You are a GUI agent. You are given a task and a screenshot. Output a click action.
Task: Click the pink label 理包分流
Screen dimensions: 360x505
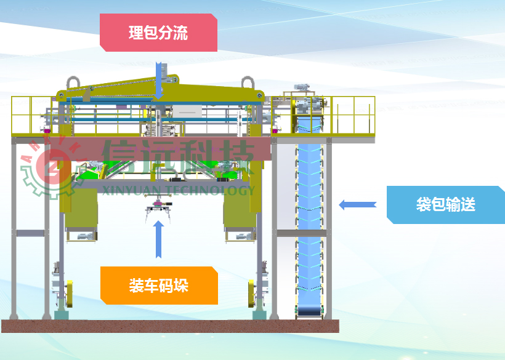158,33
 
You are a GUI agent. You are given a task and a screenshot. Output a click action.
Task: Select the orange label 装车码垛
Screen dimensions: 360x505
159,286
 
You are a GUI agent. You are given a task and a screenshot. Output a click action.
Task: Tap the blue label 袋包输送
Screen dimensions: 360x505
445,204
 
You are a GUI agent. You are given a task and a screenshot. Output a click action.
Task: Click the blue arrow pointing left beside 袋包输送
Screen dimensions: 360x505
357,204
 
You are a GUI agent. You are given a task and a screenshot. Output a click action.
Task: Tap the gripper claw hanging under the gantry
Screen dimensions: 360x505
159,209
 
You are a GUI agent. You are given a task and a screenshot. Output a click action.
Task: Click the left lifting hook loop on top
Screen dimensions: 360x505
73,83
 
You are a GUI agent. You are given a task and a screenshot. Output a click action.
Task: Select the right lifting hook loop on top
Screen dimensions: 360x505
248,83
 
